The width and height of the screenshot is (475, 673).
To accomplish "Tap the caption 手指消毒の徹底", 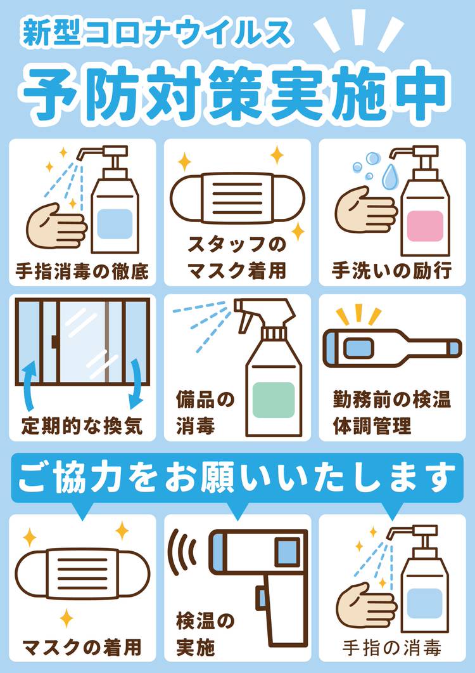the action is [x=82, y=271].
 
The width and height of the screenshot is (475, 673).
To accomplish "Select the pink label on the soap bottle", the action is [x=424, y=225].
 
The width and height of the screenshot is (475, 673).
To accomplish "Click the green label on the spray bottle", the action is [x=273, y=400].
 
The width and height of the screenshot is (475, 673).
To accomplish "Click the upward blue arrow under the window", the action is [x=30, y=384].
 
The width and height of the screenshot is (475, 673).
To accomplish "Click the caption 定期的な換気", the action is [x=82, y=427].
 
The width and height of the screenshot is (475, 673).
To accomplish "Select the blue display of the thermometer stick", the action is [x=358, y=348].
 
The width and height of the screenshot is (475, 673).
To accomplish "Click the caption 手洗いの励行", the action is [x=392, y=271].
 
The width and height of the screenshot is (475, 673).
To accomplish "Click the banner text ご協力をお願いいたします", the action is [x=236, y=478].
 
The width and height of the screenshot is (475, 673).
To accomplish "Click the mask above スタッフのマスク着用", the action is [x=237, y=197].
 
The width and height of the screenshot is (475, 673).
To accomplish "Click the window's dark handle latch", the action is [x=54, y=342].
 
